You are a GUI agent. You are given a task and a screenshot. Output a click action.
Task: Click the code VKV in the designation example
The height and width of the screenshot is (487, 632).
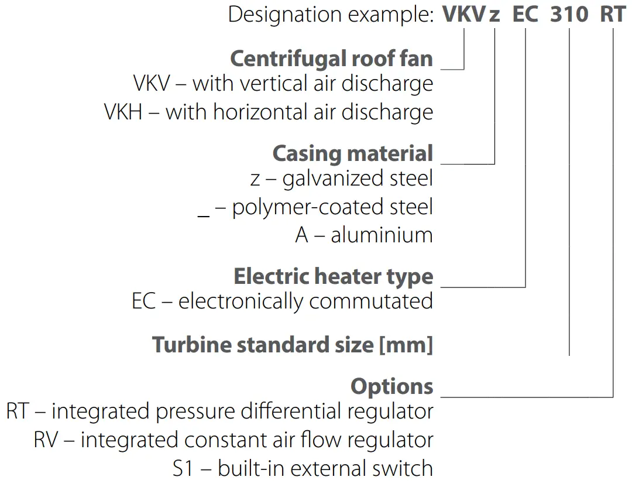464,14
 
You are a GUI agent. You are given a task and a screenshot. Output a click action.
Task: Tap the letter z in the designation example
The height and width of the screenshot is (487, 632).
495,15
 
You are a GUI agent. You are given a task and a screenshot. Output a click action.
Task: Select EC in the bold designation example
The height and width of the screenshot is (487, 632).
525,14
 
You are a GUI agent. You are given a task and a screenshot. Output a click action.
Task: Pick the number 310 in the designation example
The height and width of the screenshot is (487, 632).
569,14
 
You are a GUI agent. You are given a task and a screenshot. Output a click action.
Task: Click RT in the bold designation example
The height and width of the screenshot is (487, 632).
613,14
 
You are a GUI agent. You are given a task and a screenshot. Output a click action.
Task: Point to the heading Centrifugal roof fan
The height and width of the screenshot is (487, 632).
331,59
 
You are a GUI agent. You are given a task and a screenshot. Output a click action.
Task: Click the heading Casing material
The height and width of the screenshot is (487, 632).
352,153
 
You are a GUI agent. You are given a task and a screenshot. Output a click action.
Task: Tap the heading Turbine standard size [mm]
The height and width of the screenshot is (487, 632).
292,344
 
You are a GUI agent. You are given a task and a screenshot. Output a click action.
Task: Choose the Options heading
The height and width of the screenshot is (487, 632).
391,386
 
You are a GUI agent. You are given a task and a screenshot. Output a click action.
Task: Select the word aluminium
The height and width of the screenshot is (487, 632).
382,235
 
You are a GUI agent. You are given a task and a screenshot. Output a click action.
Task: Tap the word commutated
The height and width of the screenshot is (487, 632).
371,301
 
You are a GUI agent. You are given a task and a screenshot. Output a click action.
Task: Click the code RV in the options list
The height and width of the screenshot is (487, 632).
46,440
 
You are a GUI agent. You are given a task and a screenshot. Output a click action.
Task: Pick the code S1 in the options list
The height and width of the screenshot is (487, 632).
186,468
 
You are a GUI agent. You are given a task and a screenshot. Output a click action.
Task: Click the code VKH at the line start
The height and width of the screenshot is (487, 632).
123,112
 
